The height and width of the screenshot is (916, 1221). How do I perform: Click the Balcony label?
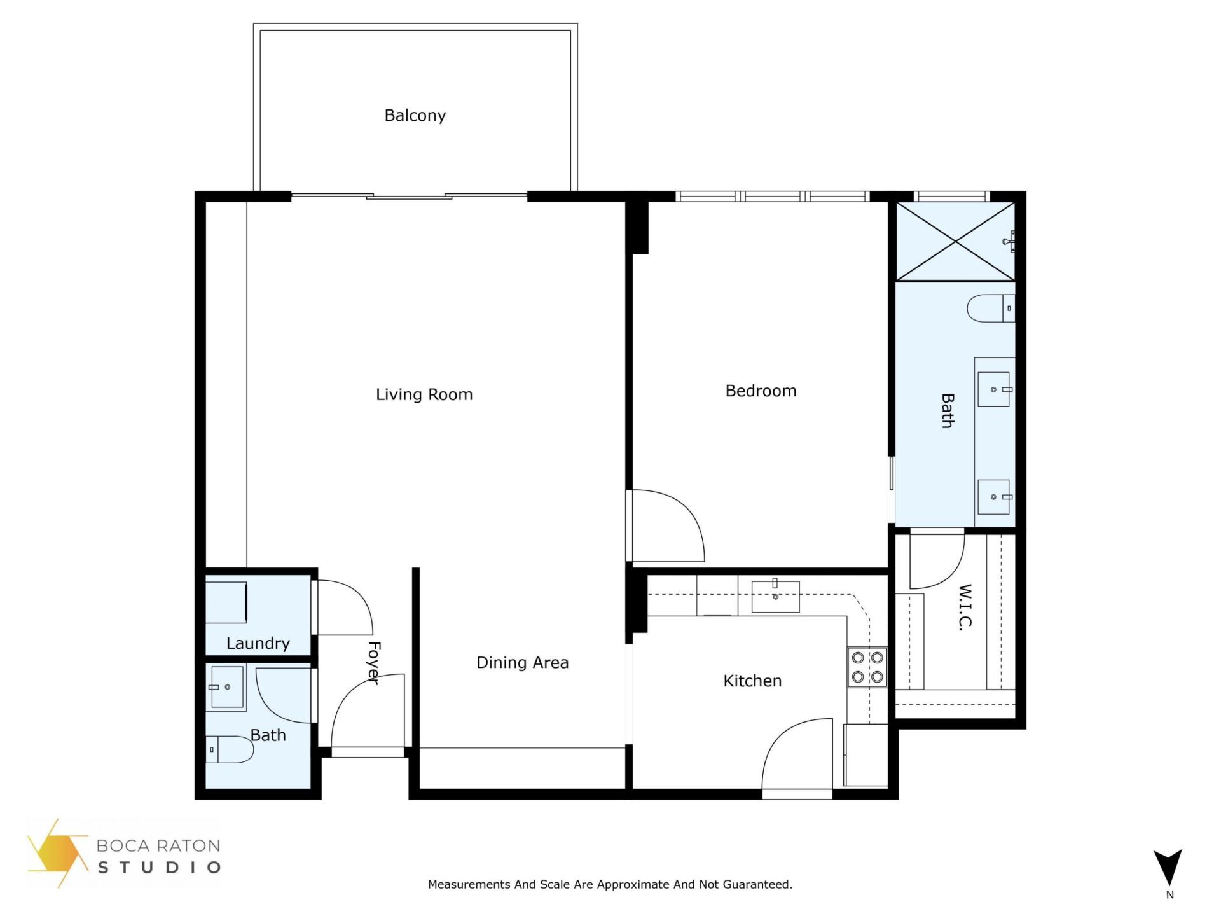point(415,116)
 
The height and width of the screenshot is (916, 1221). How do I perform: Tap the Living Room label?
point(424,394)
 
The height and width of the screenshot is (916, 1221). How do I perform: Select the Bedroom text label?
point(761,391)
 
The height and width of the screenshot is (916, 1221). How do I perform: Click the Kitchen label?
point(752,681)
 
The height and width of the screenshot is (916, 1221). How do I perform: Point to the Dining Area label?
point(522,662)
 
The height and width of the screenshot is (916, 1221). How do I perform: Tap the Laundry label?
point(258,643)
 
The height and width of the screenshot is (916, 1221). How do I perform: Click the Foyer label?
point(374,663)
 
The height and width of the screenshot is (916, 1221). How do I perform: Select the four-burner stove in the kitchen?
point(867,667)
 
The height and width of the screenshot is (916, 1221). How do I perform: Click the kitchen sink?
point(775,597)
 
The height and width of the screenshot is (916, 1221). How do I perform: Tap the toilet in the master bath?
point(990,309)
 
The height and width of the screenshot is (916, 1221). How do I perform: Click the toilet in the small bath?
point(230,749)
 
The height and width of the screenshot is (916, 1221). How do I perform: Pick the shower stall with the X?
point(955,241)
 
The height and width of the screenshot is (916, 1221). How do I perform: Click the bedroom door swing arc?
point(674,522)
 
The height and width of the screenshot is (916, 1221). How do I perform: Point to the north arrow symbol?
point(1168,869)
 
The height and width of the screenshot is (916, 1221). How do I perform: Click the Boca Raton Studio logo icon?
point(57,852)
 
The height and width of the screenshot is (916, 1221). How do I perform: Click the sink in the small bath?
point(227,687)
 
